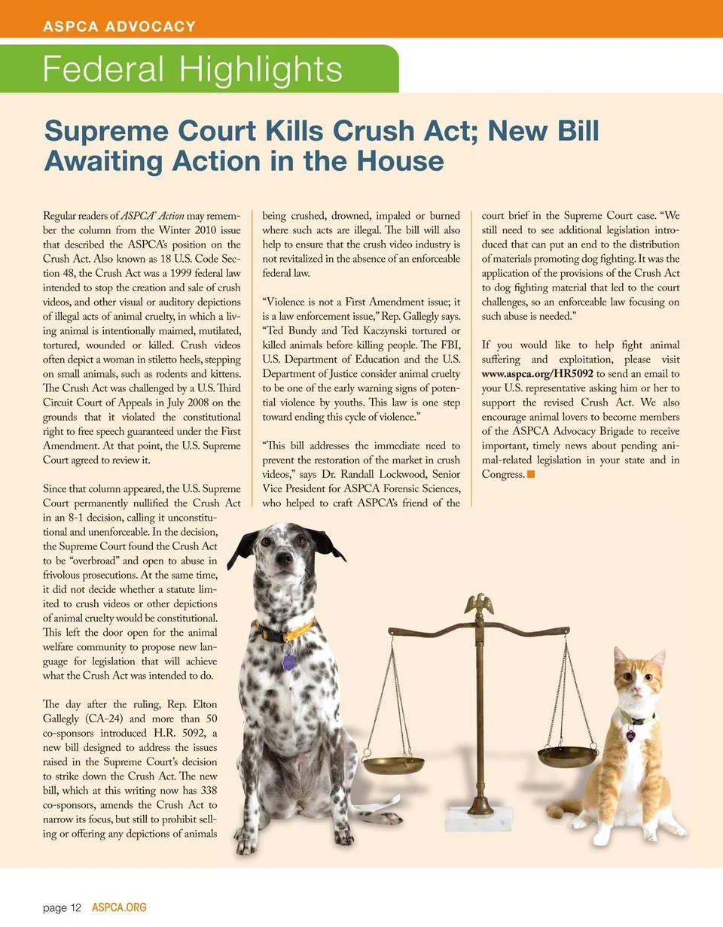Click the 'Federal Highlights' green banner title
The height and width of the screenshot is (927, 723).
pyautogui.click(x=193, y=69)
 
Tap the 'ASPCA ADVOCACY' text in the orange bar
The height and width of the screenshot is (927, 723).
pyautogui.click(x=120, y=26)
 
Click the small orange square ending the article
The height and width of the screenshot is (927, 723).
pyautogui.click(x=531, y=474)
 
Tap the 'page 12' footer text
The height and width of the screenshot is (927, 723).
pyautogui.click(x=62, y=907)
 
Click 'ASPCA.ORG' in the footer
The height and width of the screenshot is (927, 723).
pyautogui.click(x=119, y=907)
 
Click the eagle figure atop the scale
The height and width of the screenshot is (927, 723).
pyautogui.click(x=477, y=603)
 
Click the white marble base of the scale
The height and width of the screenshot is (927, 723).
pyautogui.click(x=479, y=819)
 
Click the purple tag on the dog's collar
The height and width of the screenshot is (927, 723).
pyautogui.click(x=288, y=662)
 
